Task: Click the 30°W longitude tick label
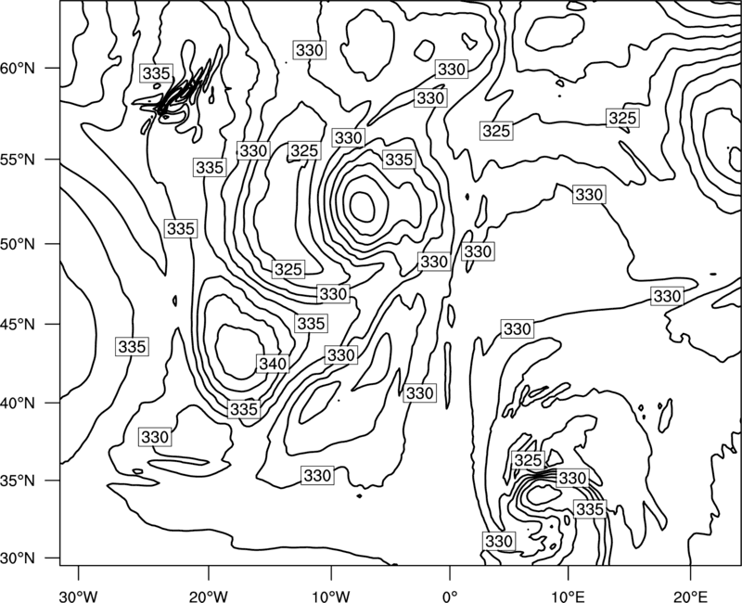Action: point(78,596)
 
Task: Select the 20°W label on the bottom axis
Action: point(208,596)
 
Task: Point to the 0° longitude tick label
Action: point(450,596)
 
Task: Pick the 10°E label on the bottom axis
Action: point(568,596)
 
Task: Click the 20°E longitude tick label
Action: point(690,596)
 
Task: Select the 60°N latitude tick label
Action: point(18,68)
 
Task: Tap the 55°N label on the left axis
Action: point(18,159)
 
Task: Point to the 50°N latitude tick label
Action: point(18,244)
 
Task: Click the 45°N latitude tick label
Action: point(18,324)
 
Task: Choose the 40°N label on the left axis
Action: point(18,403)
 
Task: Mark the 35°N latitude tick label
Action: point(18,481)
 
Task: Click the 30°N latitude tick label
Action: point(18,558)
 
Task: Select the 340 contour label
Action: point(273,364)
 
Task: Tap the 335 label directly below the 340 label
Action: point(244,409)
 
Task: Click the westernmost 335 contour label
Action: point(132,346)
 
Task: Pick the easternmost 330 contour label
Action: point(667,296)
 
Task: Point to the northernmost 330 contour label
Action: point(310,50)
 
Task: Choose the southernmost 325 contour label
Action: point(528,459)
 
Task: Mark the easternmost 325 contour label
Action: point(622,118)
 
